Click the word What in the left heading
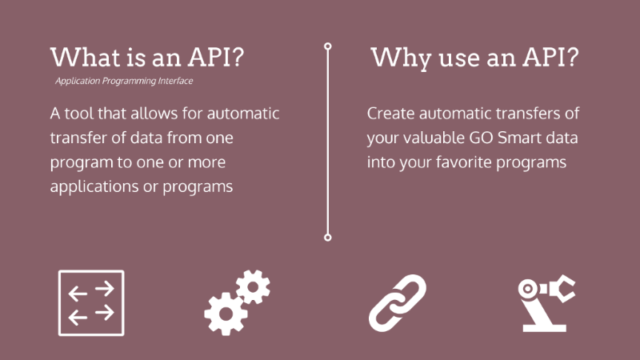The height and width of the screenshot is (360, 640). pos(86,57)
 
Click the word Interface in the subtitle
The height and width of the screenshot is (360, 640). pos(175,81)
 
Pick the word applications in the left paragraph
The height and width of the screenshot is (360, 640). pos(94,187)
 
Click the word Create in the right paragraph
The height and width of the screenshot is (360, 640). pos(390,113)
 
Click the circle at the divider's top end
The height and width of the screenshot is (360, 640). pos(328,46)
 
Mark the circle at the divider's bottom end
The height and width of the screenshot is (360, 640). pos(328,237)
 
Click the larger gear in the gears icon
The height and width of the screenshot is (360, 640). pos(226,314)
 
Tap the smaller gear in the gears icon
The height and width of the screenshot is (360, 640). pos(253,287)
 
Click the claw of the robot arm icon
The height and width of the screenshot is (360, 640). pos(562,288)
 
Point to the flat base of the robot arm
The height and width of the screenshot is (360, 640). pos(545,328)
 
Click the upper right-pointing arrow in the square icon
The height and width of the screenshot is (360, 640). pos(105,289)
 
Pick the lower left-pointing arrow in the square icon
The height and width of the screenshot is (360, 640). pos(78,318)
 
